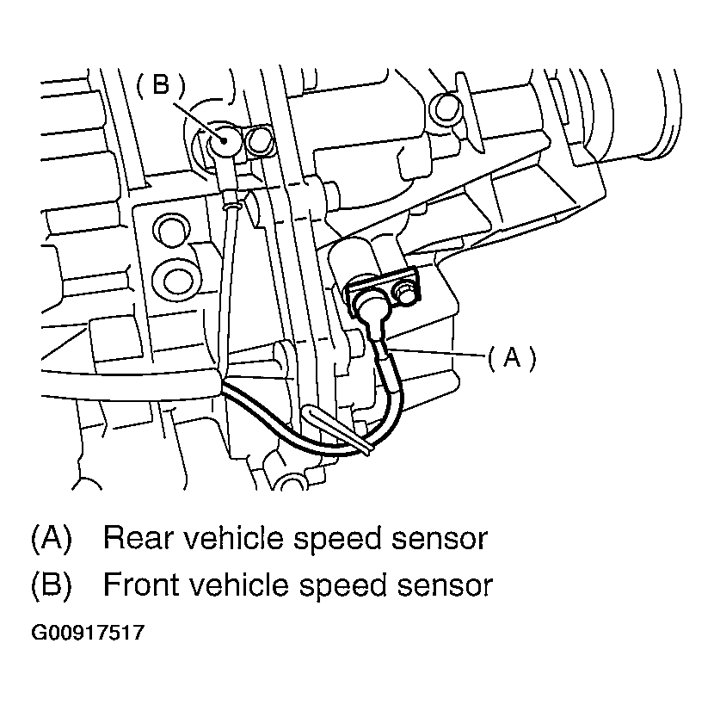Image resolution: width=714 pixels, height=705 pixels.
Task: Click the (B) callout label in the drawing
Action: point(161,84)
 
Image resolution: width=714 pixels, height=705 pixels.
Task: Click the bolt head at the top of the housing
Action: point(446,107)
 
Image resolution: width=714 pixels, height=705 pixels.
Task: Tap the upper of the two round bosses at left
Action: point(169,231)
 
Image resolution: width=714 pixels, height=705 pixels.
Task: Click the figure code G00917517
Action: point(88,634)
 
